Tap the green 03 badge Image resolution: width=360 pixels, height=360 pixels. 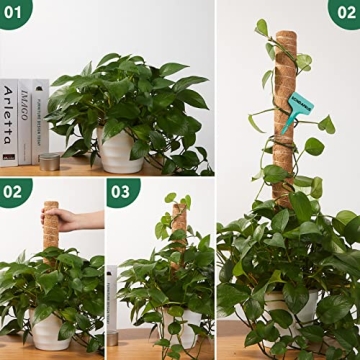click(120, 190)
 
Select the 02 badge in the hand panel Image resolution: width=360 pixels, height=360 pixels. click(13, 190)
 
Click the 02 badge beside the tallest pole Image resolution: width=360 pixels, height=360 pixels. click(344, 12)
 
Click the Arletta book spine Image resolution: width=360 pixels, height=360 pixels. click(9, 120)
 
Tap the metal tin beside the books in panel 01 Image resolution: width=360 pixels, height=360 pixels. click(48, 160)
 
